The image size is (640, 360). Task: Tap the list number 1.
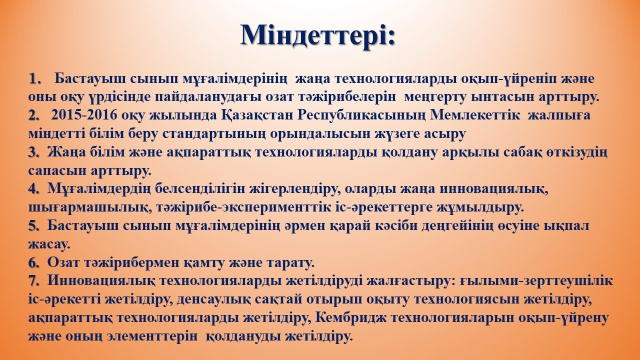point(34,78)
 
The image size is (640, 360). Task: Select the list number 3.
point(34,152)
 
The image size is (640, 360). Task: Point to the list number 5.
point(34,226)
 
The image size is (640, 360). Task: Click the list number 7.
point(34,281)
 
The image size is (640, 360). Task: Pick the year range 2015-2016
point(84,115)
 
